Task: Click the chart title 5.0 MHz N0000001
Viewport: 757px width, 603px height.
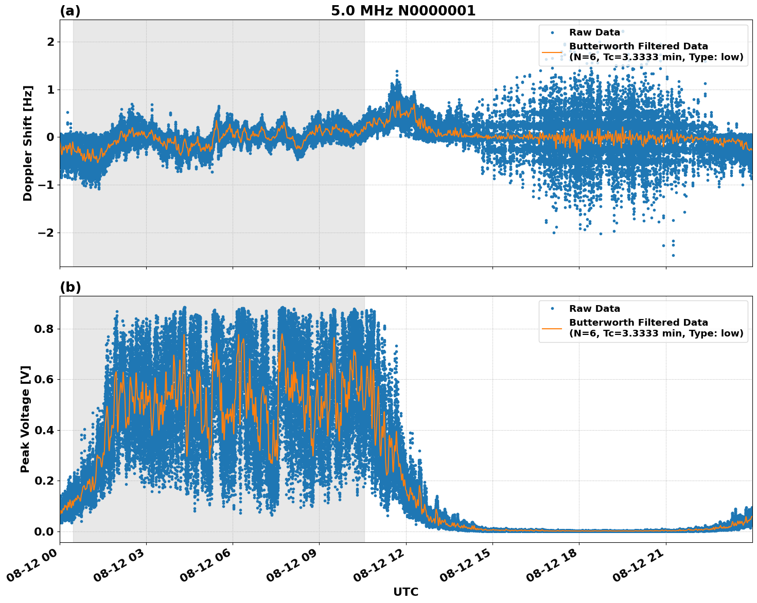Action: coord(403,11)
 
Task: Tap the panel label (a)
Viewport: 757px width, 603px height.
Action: coord(70,11)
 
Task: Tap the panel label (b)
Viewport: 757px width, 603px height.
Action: coord(70,287)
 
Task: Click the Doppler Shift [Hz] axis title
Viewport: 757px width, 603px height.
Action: coord(28,143)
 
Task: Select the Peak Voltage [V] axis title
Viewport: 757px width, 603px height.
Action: coord(25,419)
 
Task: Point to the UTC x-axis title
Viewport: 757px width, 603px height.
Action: coord(406,592)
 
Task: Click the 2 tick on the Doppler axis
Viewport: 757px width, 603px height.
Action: coord(50,42)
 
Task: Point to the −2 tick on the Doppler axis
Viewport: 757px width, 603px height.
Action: coord(46,233)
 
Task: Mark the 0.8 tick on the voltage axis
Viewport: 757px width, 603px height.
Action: coord(44,329)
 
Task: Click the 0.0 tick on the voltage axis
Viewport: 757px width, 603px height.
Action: coord(44,531)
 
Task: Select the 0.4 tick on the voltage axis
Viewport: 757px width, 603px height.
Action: coord(44,430)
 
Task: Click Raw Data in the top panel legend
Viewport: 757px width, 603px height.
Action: coord(594,33)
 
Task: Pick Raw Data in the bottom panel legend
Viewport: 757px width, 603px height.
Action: coord(594,309)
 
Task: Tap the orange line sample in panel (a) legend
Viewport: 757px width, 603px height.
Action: coord(552,52)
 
